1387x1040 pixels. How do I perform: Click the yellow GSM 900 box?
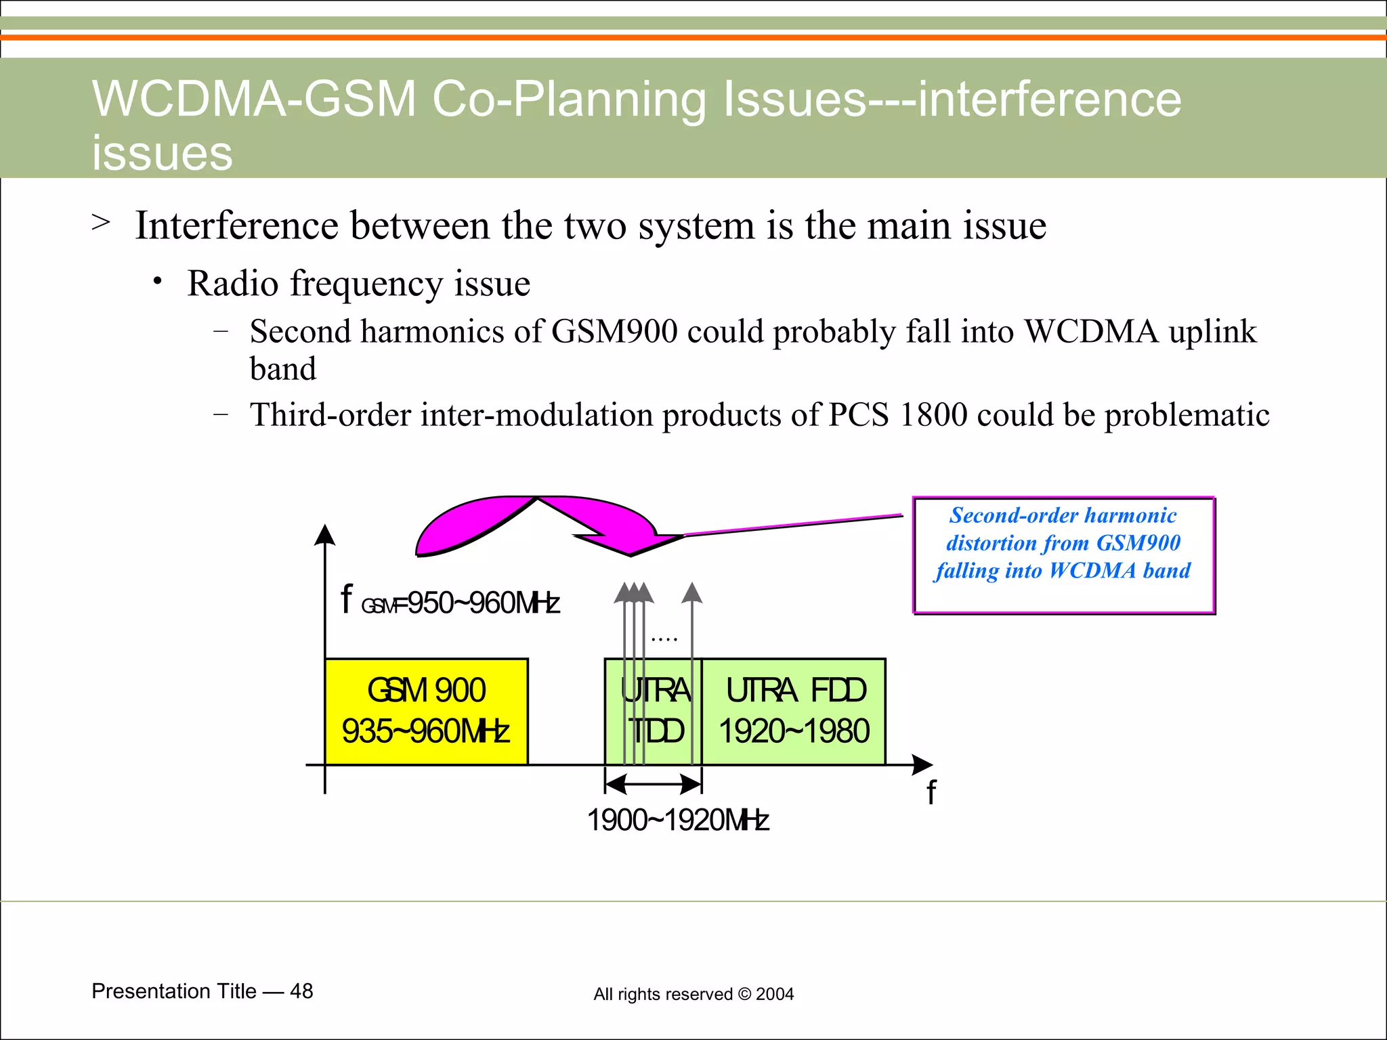tap(426, 711)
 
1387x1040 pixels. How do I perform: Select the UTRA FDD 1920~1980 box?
tap(794, 711)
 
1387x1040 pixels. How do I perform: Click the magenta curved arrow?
tap(535, 525)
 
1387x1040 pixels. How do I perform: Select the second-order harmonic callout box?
tap(1063, 555)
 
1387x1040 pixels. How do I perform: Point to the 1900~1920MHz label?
tap(677, 820)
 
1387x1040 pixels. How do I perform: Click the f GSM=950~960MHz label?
tap(450, 602)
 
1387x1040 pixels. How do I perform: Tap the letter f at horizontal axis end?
tap(931, 792)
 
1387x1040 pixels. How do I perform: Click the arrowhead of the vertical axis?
tap(325, 535)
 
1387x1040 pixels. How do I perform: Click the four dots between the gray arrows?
tap(664, 638)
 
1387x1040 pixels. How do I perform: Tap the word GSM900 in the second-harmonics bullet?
tap(614, 332)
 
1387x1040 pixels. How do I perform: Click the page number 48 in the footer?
tap(301, 991)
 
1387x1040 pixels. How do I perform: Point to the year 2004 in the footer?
tap(775, 994)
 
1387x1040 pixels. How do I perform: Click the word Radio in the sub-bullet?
tap(233, 283)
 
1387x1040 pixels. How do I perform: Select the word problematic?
tap(1187, 414)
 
